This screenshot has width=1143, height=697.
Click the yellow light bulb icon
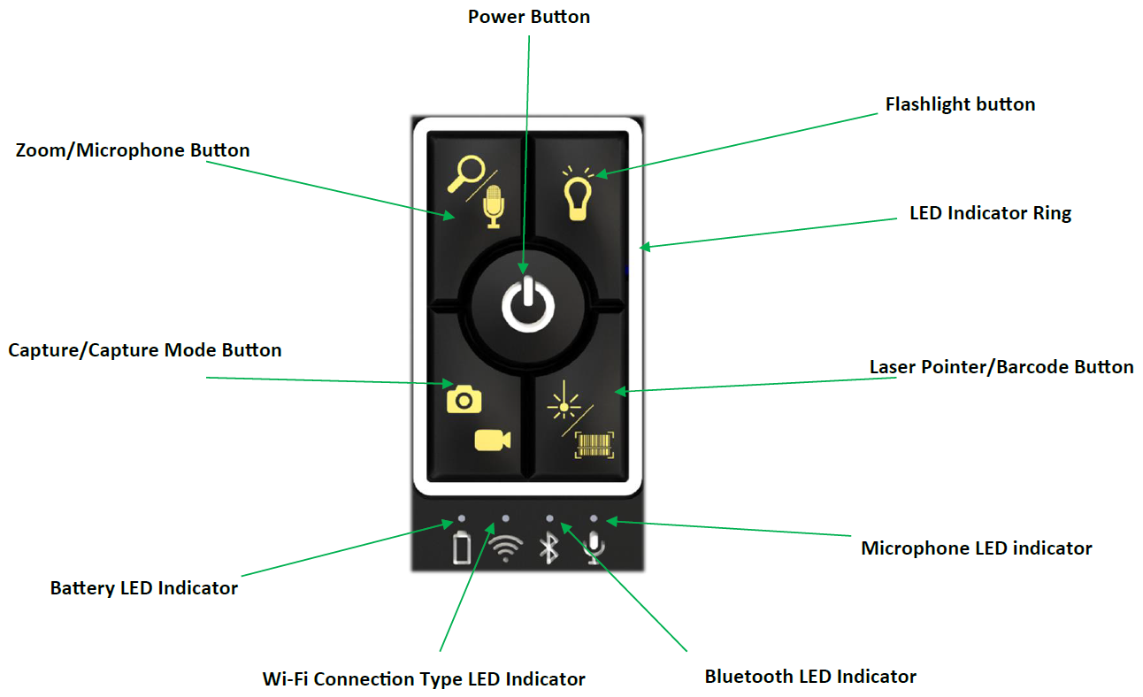577,192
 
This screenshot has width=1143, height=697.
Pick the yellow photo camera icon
464,399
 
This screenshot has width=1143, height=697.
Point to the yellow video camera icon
493,440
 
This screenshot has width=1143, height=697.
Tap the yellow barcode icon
594,444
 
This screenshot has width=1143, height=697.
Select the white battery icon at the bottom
462,548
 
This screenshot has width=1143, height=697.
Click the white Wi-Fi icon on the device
505,549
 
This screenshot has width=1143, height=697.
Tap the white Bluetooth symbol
549,548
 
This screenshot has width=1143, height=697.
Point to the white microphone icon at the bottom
594,548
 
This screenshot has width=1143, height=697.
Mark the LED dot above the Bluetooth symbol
549,518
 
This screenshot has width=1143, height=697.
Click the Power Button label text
528,17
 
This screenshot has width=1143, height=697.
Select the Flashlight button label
960,104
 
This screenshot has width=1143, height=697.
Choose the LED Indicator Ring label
990,213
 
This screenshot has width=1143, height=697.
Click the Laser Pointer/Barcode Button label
1001,367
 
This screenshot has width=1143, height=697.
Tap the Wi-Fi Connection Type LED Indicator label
424,679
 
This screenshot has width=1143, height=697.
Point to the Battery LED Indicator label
144,588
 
